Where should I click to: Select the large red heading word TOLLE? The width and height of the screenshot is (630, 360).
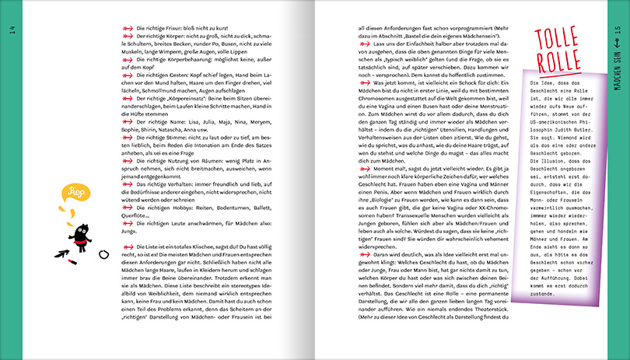(x=557, y=38)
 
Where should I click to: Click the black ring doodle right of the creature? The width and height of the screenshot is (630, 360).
(x=104, y=254)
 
